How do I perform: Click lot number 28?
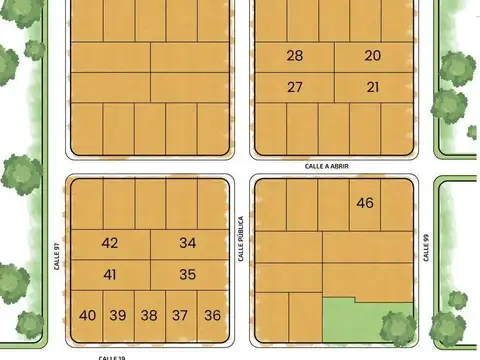click(x=294, y=56)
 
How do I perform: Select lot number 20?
click(x=372, y=56)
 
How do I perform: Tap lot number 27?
click(x=294, y=87)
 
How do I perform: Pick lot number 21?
click(x=372, y=87)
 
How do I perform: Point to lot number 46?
click(x=365, y=203)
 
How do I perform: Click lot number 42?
click(x=110, y=243)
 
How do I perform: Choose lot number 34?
click(x=188, y=243)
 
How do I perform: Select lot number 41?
click(x=110, y=274)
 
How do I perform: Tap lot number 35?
click(x=188, y=274)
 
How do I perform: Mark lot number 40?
click(x=87, y=315)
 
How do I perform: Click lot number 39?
click(x=118, y=315)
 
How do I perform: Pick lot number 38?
click(x=149, y=315)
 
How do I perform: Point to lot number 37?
click(x=180, y=315)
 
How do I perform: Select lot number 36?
click(x=212, y=315)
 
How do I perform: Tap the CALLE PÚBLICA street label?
click(x=241, y=239)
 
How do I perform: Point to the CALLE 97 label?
click(x=58, y=259)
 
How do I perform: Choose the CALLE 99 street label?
click(x=426, y=248)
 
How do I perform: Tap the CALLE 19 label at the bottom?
click(x=112, y=356)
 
